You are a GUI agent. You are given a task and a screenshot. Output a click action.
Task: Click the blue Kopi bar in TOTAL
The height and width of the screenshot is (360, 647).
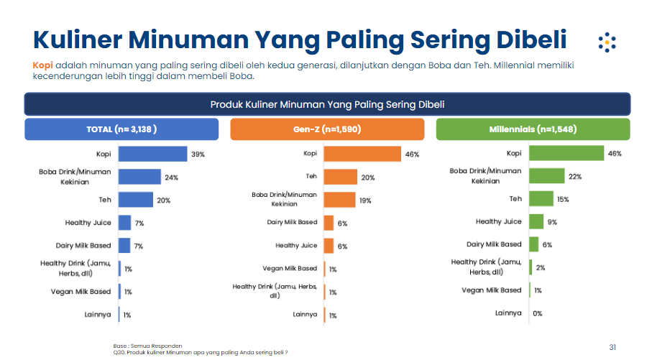point(152,154)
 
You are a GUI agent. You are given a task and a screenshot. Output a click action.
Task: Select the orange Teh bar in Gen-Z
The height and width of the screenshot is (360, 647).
point(340,177)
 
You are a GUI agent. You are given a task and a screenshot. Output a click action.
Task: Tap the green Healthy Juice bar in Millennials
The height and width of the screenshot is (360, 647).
point(536,221)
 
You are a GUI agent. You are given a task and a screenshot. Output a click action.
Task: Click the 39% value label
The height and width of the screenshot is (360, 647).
point(198,154)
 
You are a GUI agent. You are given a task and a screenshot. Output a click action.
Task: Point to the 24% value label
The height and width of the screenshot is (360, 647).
point(171,177)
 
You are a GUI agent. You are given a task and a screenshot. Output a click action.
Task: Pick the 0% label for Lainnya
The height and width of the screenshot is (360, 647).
point(537,313)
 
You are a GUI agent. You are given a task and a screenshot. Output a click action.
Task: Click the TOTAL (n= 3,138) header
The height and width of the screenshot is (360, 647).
point(121,129)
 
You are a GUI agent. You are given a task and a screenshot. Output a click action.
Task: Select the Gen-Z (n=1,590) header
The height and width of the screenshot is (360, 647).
point(328,129)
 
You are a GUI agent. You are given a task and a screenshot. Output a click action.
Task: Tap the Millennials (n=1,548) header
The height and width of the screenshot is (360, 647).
point(533,129)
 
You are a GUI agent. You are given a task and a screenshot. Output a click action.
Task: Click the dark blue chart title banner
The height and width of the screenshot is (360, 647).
point(327,105)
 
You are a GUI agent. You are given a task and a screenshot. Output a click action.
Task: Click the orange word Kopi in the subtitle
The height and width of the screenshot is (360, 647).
point(42,65)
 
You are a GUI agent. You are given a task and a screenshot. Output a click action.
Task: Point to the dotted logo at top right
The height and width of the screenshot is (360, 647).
point(607,42)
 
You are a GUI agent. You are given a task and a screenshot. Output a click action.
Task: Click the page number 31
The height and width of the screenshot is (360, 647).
point(612,347)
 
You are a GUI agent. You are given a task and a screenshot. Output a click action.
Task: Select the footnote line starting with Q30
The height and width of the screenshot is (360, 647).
point(201,353)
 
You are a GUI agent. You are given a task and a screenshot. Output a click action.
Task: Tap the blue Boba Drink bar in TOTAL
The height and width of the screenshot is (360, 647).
point(139,177)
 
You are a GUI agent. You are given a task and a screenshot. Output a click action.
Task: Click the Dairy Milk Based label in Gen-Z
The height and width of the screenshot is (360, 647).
point(292,223)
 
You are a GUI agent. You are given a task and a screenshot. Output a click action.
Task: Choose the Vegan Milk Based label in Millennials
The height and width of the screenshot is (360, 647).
point(492,290)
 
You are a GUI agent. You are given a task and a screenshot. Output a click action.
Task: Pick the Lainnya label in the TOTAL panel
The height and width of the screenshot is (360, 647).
point(97,314)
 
